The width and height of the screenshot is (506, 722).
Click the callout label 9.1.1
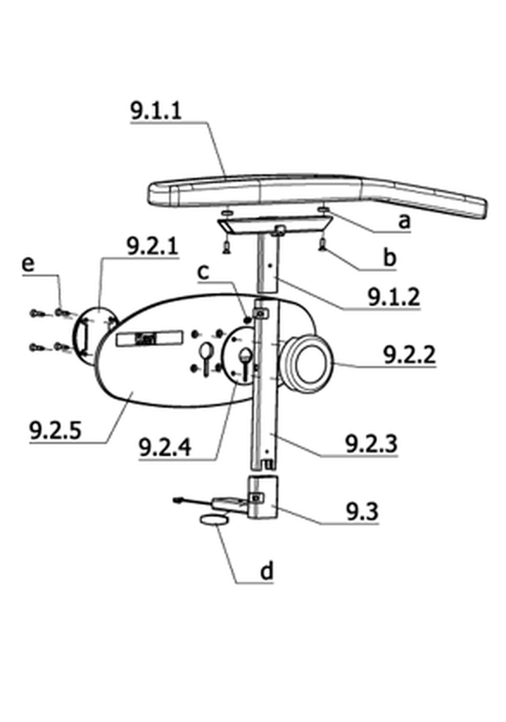tap(156, 111)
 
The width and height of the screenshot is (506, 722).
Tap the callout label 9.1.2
tap(394, 297)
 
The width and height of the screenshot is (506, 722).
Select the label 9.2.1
tap(152, 247)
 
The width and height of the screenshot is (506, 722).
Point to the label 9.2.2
tap(409, 355)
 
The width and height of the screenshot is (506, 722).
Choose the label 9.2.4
tap(165, 447)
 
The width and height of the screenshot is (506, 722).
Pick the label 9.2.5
tap(55, 431)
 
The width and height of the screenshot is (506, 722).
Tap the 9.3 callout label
tap(363, 512)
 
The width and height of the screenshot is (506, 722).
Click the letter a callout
tap(404, 221)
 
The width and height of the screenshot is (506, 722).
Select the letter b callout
tap(389, 257)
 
